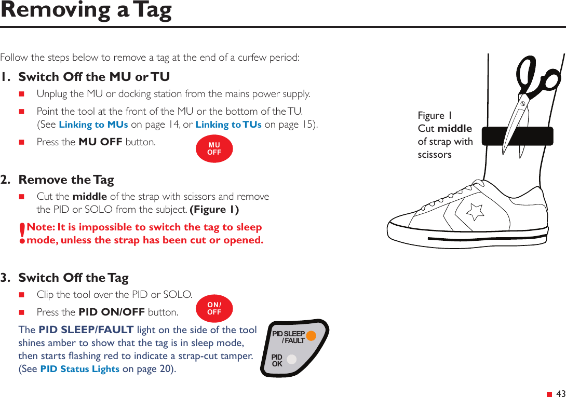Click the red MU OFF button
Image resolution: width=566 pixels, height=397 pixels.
pos(214,149)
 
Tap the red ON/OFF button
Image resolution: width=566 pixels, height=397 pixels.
pos(214,309)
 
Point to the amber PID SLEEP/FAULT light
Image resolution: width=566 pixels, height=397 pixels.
pos(311,335)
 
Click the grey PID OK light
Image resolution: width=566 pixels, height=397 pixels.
pos(292,359)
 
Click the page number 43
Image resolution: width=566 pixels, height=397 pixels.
pos(560,394)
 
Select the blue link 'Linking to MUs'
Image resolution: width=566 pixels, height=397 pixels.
pos(93,125)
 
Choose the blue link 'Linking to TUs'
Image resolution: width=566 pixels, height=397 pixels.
pos(228,125)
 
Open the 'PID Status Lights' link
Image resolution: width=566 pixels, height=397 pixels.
pos(80,369)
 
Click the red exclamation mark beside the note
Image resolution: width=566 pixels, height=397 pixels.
pos(22,234)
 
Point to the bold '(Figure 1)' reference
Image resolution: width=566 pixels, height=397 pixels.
pos(214,210)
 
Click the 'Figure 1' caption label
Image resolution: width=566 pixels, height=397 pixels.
pos(435,115)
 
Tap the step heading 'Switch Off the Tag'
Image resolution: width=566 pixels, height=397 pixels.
pos(73,278)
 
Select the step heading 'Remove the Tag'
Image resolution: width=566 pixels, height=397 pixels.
pos(66,180)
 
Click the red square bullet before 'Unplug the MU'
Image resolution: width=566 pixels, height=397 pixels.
pos(22,94)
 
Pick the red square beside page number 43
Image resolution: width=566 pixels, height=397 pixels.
pos(549,394)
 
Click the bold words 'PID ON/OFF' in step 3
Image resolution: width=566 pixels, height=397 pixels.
pos(112,312)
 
